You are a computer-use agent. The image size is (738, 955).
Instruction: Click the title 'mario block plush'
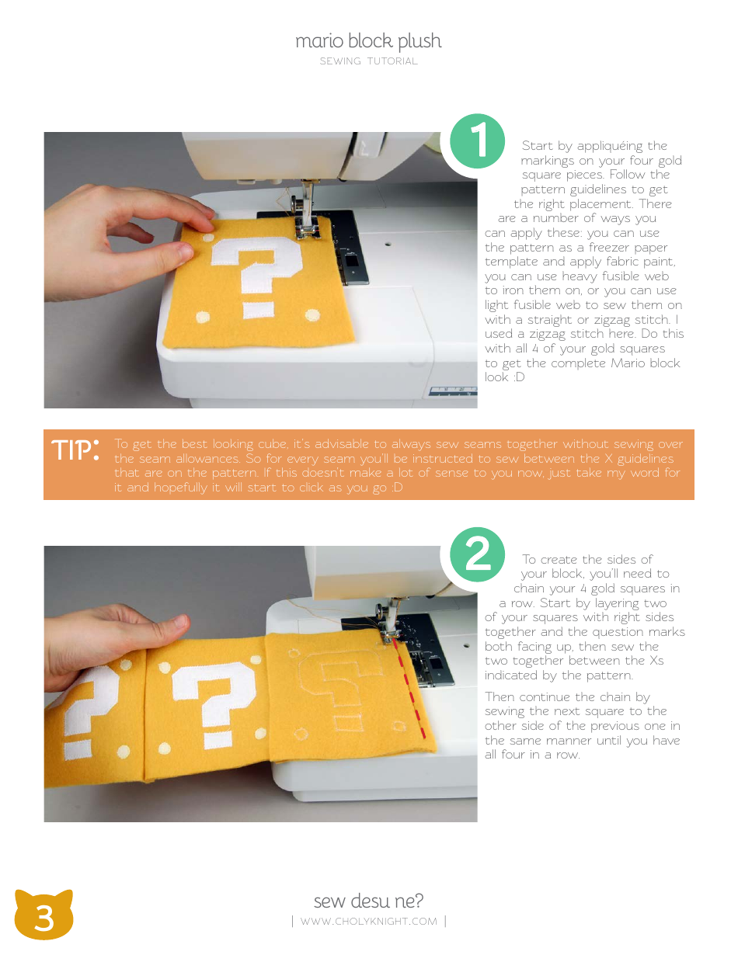pyautogui.click(x=368, y=41)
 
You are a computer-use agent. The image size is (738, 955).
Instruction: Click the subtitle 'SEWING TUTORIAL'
pyautogui.click(x=368, y=61)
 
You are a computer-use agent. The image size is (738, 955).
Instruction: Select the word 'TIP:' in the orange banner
pyautogui.click(x=75, y=450)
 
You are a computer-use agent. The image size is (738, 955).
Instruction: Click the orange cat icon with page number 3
pyautogui.click(x=44, y=916)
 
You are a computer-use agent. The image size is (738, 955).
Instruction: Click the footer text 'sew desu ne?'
pyautogui.click(x=368, y=901)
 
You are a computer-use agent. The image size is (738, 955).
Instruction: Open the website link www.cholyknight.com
pyautogui.click(x=368, y=922)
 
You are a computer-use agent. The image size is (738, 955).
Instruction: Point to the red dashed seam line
pyautogui.click(x=411, y=689)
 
